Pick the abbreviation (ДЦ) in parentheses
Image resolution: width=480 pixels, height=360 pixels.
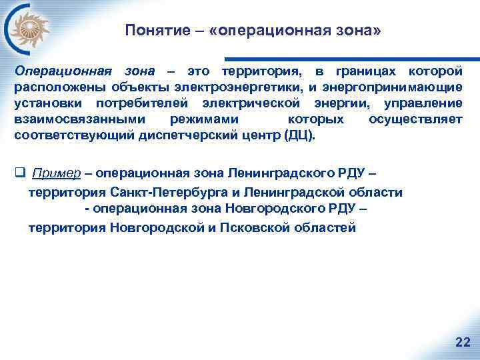click(x=297, y=135)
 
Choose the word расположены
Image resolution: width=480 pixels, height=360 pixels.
click(x=57, y=87)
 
